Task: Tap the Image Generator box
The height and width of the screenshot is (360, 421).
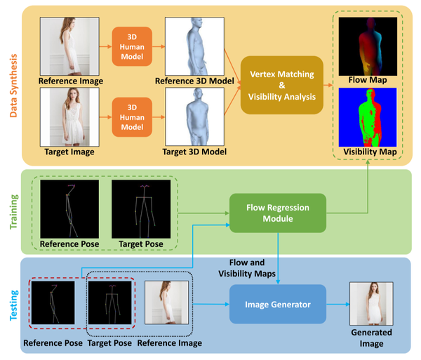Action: (x=279, y=304)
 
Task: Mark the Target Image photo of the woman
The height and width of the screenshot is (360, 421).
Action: (x=71, y=117)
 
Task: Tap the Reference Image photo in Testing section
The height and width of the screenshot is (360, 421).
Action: (x=166, y=303)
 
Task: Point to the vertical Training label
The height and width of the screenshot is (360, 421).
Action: (x=13, y=211)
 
